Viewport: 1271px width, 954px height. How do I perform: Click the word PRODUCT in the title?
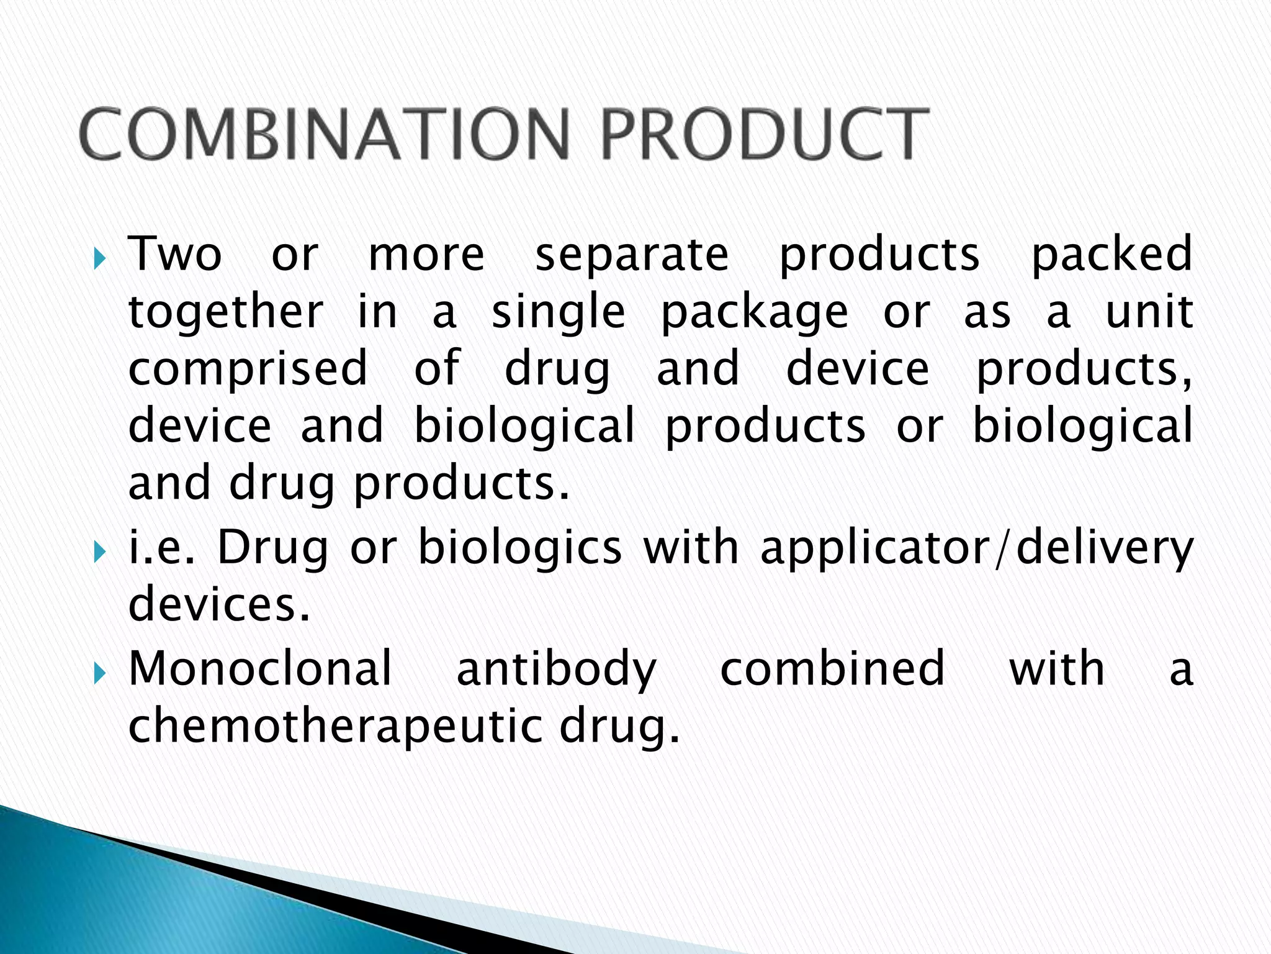click(765, 134)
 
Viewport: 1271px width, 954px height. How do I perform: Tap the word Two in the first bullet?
click(175, 254)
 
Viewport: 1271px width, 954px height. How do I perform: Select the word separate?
click(632, 255)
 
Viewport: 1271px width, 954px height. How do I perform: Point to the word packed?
click(1112, 255)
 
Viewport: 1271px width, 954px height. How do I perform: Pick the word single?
click(559, 313)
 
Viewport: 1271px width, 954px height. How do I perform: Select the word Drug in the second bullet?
click(272, 549)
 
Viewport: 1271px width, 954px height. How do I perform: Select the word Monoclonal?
click(261, 668)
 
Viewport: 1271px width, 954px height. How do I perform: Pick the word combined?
click(832, 668)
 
